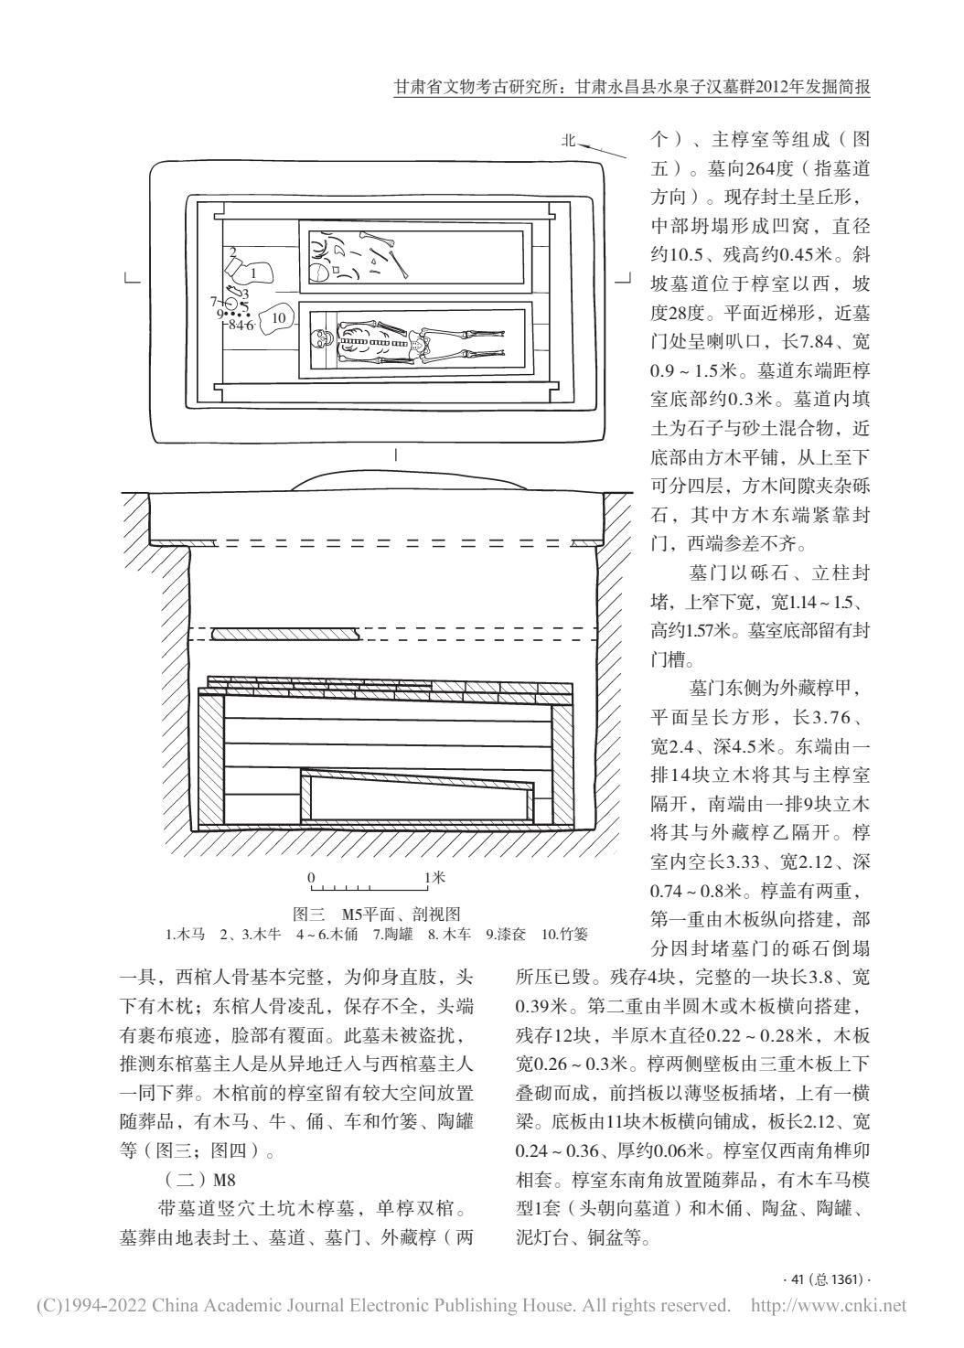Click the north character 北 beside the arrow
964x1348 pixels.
(x=569, y=140)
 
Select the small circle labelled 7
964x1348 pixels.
(x=232, y=303)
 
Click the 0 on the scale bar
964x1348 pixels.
(x=312, y=877)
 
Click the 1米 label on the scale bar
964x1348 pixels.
(x=434, y=877)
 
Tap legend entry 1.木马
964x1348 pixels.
(x=184, y=935)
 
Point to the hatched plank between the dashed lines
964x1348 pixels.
(x=283, y=633)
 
